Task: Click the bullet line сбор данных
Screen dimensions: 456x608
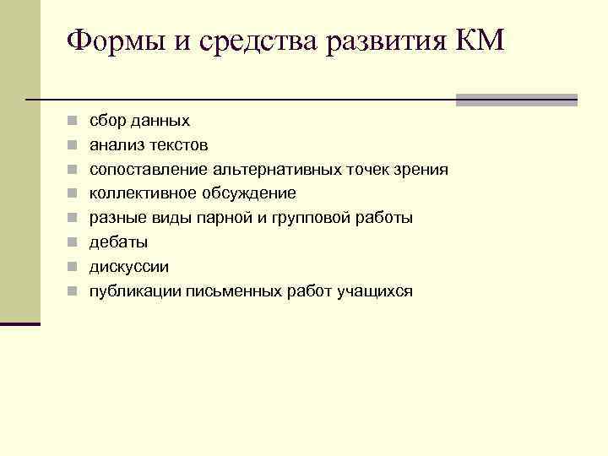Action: (x=139, y=121)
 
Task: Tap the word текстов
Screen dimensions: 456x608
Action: (x=178, y=145)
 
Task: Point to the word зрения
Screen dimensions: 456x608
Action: (x=419, y=170)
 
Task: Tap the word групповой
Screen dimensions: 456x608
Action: (x=320, y=218)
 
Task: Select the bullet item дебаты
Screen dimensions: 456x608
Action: (x=118, y=242)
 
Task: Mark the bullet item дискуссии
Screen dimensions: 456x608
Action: (x=129, y=267)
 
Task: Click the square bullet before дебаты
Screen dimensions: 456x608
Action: (x=74, y=243)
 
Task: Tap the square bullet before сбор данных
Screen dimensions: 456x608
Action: (x=74, y=122)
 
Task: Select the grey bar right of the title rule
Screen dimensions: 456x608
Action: (x=516, y=100)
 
